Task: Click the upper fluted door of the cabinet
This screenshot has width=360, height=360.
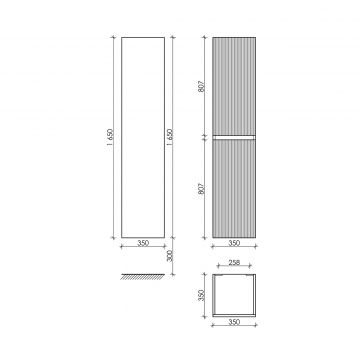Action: tap(234, 85)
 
